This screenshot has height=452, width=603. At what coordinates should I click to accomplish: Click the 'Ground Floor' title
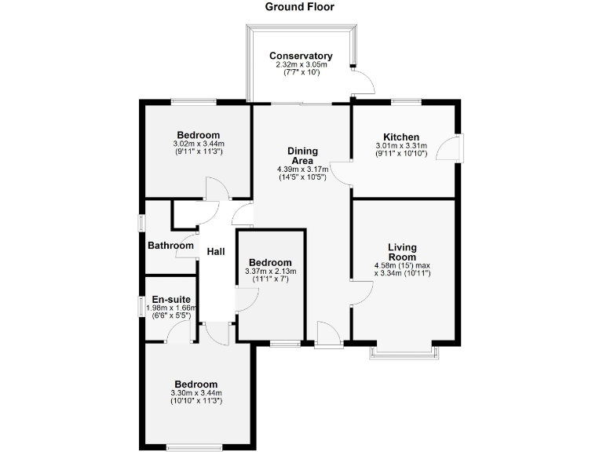(x=299, y=7)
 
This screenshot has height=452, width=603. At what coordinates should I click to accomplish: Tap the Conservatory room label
(x=301, y=56)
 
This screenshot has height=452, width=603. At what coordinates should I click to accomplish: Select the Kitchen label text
(x=401, y=137)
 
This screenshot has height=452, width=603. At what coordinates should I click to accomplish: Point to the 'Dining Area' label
(x=301, y=155)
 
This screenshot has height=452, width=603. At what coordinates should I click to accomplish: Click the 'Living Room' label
(x=402, y=252)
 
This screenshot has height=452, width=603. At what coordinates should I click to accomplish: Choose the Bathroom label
(x=170, y=246)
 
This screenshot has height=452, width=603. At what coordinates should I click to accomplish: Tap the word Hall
(x=216, y=252)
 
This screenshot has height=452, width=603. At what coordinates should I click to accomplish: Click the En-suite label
(x=170, y=299)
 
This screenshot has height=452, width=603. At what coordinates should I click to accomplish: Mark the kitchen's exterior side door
(x=455, y=148)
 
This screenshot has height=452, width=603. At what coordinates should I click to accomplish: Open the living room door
(x=359, y=293)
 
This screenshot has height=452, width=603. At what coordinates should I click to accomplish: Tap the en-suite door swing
(x=181, y=334)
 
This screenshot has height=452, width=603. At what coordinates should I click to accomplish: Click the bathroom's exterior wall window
(x=142, y=223)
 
